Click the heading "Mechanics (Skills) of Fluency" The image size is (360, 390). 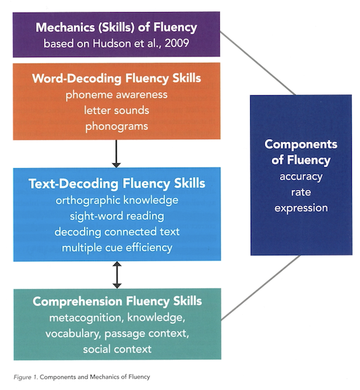coord(116,27)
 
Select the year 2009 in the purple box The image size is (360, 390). coord(177,43)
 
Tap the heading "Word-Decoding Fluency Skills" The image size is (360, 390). coord(116,79)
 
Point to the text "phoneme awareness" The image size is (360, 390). coord(116,95)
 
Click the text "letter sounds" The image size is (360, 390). coord(116,111)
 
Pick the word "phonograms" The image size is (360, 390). coord(116,126)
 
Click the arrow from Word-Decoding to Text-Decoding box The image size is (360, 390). coord(116,154)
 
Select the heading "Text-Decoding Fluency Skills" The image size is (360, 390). coord(117,184)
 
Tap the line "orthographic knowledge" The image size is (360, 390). coord(117,201)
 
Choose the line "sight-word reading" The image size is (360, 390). coord(117,216)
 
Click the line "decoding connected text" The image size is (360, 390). coord(117,232)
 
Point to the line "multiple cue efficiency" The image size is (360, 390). coord(117,248)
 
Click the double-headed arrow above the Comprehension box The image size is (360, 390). coord(117,275)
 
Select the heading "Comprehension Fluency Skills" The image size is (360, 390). coord(117,301)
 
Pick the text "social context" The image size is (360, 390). coord(117,349)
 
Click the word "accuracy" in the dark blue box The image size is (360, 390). coord(301,177)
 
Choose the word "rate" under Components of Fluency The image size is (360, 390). coord(301,192)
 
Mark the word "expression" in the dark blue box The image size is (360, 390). coord(301,208)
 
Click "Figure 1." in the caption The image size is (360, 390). coord(25,377)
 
